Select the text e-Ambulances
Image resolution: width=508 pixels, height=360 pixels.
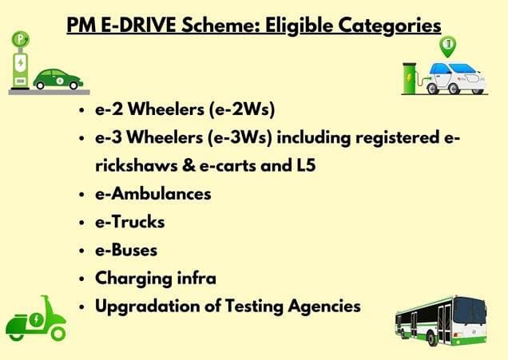coord(153,194)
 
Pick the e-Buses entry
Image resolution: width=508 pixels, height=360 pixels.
coord(126,250)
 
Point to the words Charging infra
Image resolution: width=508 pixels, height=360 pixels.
coord(155,278)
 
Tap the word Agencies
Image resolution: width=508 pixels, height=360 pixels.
coord(327,306)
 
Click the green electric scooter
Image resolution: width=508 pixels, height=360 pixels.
coord(35,318)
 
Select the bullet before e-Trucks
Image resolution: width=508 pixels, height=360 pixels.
coord(84,224)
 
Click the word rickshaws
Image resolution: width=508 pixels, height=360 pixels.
coord(133,166)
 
